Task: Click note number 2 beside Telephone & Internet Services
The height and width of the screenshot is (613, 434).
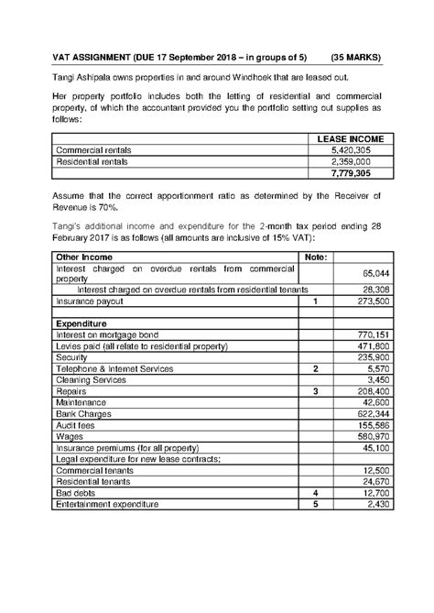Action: [315, 368]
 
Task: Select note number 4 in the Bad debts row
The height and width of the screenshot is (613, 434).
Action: [315, 493]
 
